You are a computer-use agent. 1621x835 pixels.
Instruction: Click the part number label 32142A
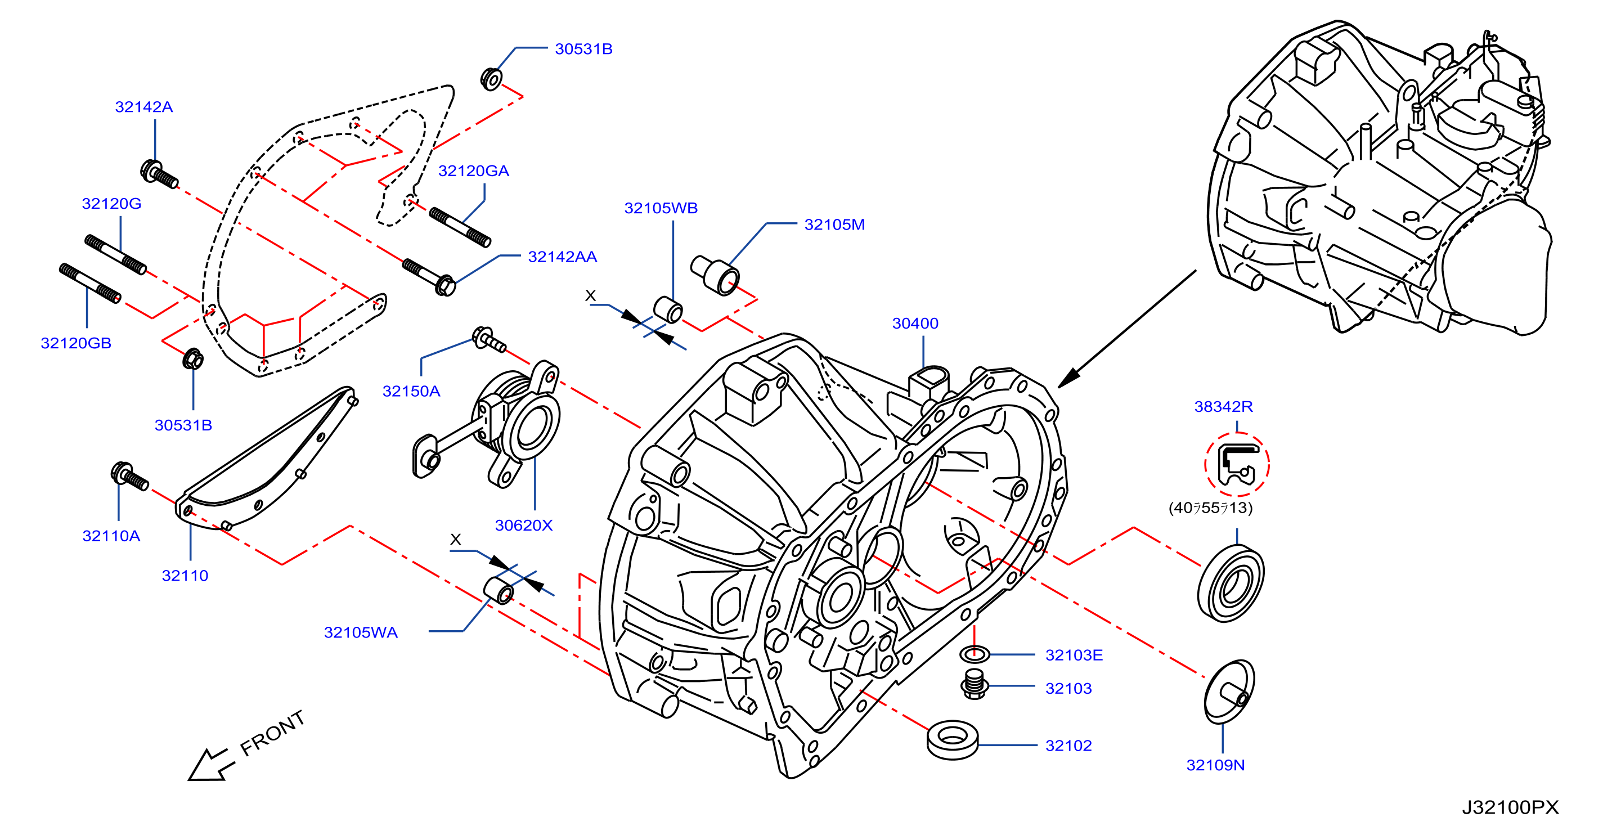[x=143, y=107]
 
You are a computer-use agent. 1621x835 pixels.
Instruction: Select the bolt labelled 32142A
[x=159, y=174]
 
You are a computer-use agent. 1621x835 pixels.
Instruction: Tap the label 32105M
[x=834, y=225]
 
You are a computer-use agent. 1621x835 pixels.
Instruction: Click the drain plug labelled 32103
[x=974, y=684]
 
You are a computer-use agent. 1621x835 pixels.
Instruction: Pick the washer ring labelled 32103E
[x=974, y=654]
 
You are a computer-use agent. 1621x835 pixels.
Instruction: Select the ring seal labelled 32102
[x=953, y=739]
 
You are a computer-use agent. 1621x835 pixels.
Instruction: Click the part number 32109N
[x=1215, y=765]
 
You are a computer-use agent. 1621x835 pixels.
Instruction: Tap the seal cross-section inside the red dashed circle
[x=1237, y=464]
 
